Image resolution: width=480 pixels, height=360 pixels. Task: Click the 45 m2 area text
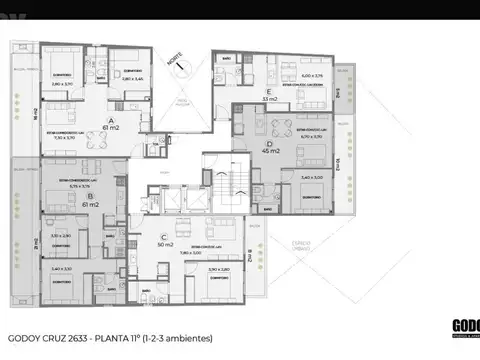coord(269,151)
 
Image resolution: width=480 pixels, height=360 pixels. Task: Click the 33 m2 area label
coord(270,99)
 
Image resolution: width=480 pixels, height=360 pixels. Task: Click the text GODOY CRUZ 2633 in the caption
coord(52,336)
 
